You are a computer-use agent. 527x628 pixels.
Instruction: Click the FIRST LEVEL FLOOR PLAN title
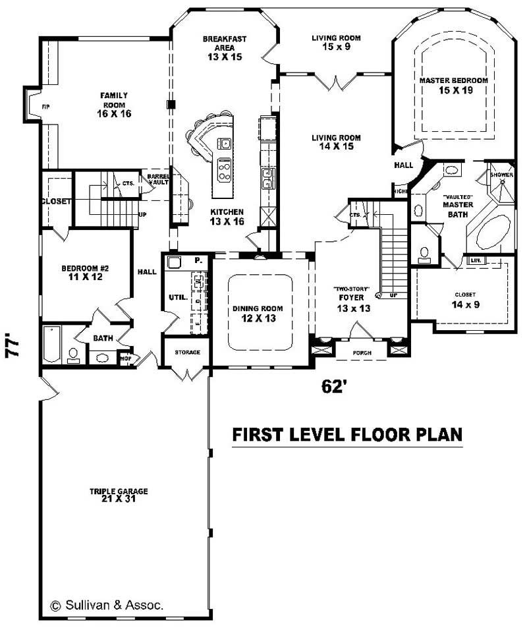347,435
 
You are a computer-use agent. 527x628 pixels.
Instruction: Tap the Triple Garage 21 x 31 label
119,495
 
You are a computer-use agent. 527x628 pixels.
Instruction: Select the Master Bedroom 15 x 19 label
454,85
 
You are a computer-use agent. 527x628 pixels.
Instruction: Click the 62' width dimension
334,387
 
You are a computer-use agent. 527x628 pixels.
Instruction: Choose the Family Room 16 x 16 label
114,105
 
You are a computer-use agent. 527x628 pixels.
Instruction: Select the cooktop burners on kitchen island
224,171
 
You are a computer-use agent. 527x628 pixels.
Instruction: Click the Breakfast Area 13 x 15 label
224,48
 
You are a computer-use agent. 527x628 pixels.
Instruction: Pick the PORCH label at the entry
361,353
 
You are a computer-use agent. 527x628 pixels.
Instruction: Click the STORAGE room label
187,353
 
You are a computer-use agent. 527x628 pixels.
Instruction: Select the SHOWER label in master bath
501,175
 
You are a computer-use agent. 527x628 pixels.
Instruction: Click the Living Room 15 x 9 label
336,43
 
